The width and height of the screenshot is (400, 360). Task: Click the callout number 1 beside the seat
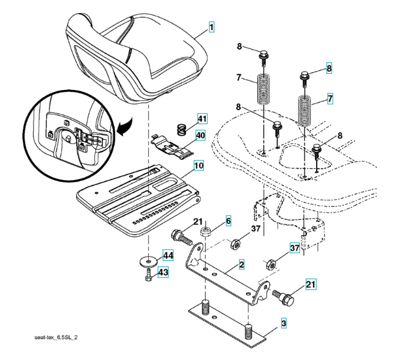click(x=212, y=26)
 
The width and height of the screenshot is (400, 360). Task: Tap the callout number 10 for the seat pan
click(x=198, y=163)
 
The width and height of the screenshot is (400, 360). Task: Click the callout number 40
click(x=200, y=136)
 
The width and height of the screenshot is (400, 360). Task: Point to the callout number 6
click(x=228, y=221)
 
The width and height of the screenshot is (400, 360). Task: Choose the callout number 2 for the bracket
click(x=240, y=263)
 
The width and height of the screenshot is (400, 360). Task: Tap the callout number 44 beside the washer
click(x=168, y=256)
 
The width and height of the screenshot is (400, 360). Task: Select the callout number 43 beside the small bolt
click(x=163, y=272)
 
